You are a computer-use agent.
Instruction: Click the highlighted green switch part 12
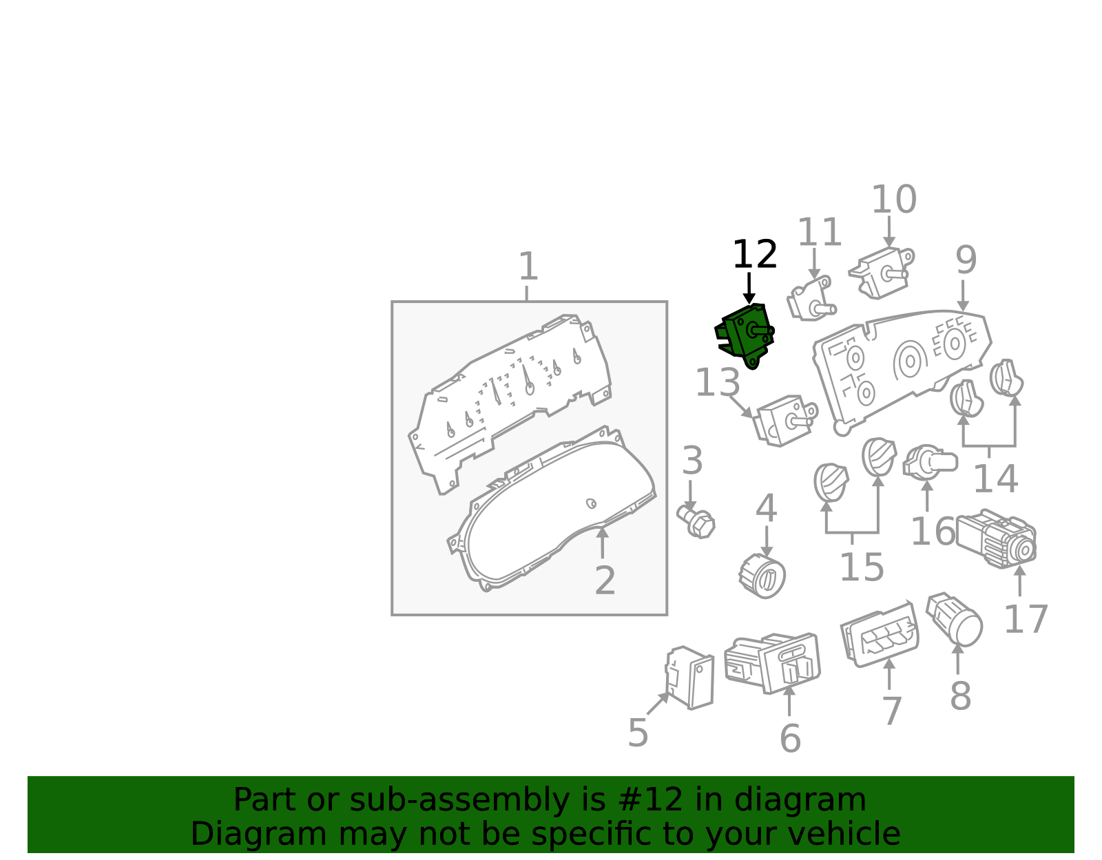click(745, 335)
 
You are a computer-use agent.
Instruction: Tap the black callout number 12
click(755, 254)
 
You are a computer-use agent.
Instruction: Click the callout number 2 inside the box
click(605, 580)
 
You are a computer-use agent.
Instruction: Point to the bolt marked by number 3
click(696, 522)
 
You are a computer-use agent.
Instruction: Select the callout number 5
click(638, 733)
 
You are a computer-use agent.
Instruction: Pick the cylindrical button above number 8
click(955, 619)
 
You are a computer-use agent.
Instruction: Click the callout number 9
click(966, 260)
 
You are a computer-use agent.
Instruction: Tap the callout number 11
click(820, 232)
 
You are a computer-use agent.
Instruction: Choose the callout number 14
click(995, 479)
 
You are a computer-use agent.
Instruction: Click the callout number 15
click(862, 567)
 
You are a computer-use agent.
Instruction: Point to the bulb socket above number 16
click(929, 463)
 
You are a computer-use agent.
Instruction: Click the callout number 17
click(1026, 619)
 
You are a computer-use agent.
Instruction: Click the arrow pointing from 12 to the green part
click(749, 289)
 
